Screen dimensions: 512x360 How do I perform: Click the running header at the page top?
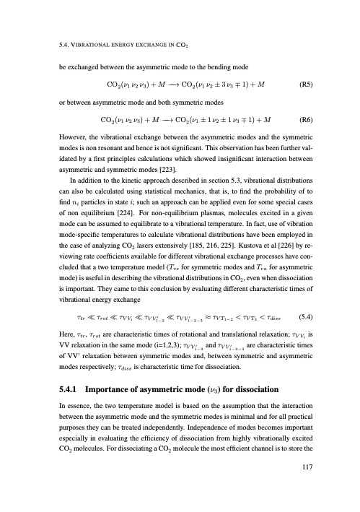coord(102,48)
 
